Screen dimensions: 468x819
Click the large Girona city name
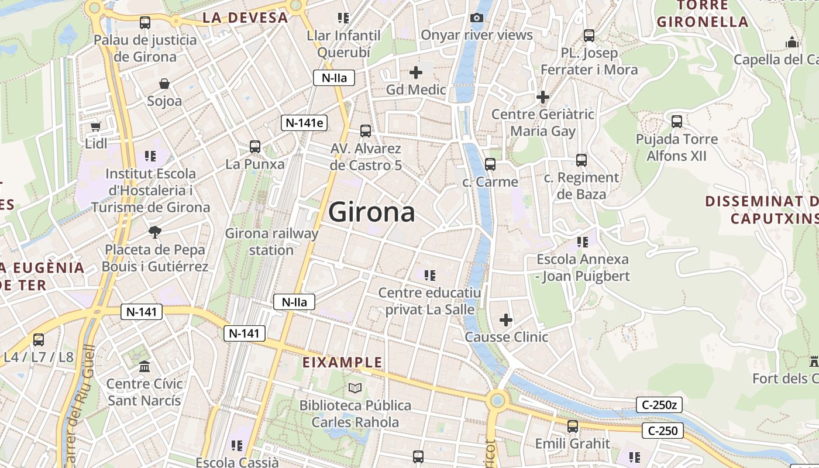click(x=371, y=212)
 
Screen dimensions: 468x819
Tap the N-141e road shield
click(x=304, y=123)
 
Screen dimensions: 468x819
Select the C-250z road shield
click(x=659, y=404)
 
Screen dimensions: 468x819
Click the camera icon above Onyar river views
click(x=477, y=18)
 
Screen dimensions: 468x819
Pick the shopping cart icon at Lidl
click(x=96, y=126)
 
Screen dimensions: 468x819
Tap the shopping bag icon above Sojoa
click(x=164, y=84)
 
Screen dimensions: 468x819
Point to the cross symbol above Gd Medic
click(x=416, y=73)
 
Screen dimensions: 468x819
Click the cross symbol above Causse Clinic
click(x=506, y=320)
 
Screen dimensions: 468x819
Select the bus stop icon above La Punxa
click(x=255, y=147)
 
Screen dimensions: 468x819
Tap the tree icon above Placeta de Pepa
click(x=155, y=232)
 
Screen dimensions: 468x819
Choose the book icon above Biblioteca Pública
click(x=355, y=388)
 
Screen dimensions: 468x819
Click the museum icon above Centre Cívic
click(x=144, y=367)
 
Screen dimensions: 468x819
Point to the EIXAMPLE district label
click(x=342, y=363)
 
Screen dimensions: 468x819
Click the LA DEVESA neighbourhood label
click(x=245, y=18)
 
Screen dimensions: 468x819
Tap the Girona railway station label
click(x=271, y=242)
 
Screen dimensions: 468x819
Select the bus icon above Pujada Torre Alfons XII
click(x=677, y=122)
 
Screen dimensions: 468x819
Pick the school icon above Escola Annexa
click(x=582, y=242)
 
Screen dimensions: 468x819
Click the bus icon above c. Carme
click(x=490, y=164)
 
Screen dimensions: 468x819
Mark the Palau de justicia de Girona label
click(x=145, y=49)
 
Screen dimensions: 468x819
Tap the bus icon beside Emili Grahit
click(x=573, y=426)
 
